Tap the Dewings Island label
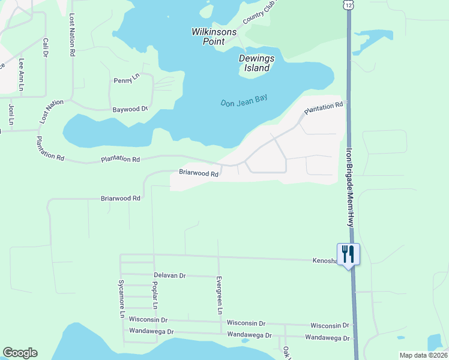(255, 63)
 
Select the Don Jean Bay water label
(244, 101)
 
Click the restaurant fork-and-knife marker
(348, 254)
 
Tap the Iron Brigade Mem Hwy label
(349, 186)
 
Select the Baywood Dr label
(130, 110)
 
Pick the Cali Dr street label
(45, 48)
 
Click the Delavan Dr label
(170, 275)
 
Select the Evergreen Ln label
(219, 295)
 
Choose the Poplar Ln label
(155, 297)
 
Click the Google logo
(20, 353)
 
